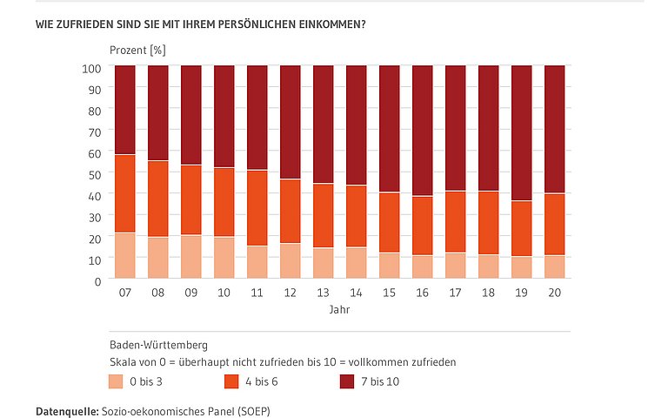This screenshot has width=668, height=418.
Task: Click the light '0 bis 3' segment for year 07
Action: click(124, 256)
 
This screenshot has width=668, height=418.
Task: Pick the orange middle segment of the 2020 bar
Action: click(554, 224)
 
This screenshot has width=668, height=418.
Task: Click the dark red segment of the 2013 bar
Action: click(323, 125)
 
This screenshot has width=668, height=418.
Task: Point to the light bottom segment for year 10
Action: click(224, 258)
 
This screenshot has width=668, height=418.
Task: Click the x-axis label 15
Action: click(389, 293)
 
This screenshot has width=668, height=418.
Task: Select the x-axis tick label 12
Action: click(290, 293)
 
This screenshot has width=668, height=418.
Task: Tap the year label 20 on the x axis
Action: click(554, 293)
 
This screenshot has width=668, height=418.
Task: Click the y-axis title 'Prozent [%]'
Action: click(137, 50)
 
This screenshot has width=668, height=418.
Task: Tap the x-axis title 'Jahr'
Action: click(339, 310)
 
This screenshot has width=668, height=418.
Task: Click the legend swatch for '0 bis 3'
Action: click(116, 381)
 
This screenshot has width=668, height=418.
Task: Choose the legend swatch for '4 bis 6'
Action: click(231, 381)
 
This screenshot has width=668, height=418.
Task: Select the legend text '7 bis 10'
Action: click(381, 381)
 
